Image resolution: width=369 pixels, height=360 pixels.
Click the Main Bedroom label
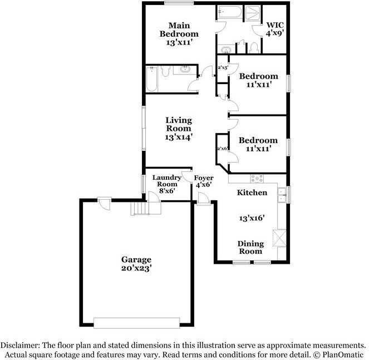pos(179,33)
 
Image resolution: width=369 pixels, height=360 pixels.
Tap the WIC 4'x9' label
pos(275,29)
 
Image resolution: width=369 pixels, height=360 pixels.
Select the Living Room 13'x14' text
pos(178,129)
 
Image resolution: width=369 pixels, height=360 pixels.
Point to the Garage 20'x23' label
pos(136,263)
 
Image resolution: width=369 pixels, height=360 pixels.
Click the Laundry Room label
pos(166,184)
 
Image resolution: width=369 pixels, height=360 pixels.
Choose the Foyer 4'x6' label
pos(203,181)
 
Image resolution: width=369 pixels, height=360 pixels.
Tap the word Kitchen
pos(252,193)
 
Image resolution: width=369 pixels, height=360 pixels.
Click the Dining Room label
pos(250,247)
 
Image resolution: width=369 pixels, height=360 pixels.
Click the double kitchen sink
pos(282,193)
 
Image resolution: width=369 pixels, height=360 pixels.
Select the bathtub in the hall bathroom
pos(151,79)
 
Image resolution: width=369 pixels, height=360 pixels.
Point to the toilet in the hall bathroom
pos(165,71)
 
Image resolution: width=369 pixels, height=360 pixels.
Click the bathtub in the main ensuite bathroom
pos(228,12)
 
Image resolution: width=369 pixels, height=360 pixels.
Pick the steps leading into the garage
pos(141,209)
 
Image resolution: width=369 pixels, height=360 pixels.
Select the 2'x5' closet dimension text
pos(223,68)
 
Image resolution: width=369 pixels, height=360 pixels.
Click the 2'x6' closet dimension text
pos(222,148)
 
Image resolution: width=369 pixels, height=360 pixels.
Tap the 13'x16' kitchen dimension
pos(251,218)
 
